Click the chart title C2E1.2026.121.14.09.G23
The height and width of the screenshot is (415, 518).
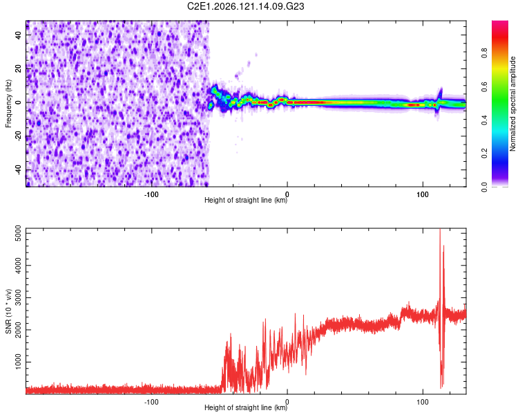pyautogui.click(x=245, y=6)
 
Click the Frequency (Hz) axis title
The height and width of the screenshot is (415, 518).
pyautogui.click(x=8, y=104)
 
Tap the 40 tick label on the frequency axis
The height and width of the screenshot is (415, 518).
pyautogui.click(x=18, y=35)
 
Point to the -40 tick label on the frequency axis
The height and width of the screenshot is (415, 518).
pyautogui.click(x=18, y=169)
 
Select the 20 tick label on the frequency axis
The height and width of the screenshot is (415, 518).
pyautogui.click(x=18, y=68)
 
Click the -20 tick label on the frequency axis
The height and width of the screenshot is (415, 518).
pyautogui.click(x=18, y=136)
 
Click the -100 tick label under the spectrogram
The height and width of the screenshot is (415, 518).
pyautogui.click(x=151, y=194)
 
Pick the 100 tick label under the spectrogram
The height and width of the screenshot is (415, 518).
pyautogui.click(x=423, y=194)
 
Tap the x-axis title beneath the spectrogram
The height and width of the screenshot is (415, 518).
pyautogui.click(x=246, y=200)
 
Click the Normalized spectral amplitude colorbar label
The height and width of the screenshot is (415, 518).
pyautogui.click(x=512, y=104)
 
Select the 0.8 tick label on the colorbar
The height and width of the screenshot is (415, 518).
pyautogui.click(x=484, y=53)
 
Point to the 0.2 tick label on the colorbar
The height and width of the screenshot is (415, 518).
pyautogui.click(x=484, y=154)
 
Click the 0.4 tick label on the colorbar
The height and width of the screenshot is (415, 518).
pyautogui.click(x=484, y=120)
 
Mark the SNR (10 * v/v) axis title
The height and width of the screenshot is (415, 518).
pyautogui.click(x=8, y=311)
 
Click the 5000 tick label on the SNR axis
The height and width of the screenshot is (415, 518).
pyautogui.click(x=18, y=233)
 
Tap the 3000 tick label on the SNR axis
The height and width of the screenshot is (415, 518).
pyautogui.click(x=18, y=297)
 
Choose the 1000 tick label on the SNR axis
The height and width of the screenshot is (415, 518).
pyautogui.click(x=18, y=362)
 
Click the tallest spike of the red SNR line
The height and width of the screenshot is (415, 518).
pyautogui.click(x=440, y=230)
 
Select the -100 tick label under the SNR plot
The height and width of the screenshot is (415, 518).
pyautogui.click(x=151, y=402)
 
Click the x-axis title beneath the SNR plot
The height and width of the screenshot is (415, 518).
pyautogui.click(x=246, y=407)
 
